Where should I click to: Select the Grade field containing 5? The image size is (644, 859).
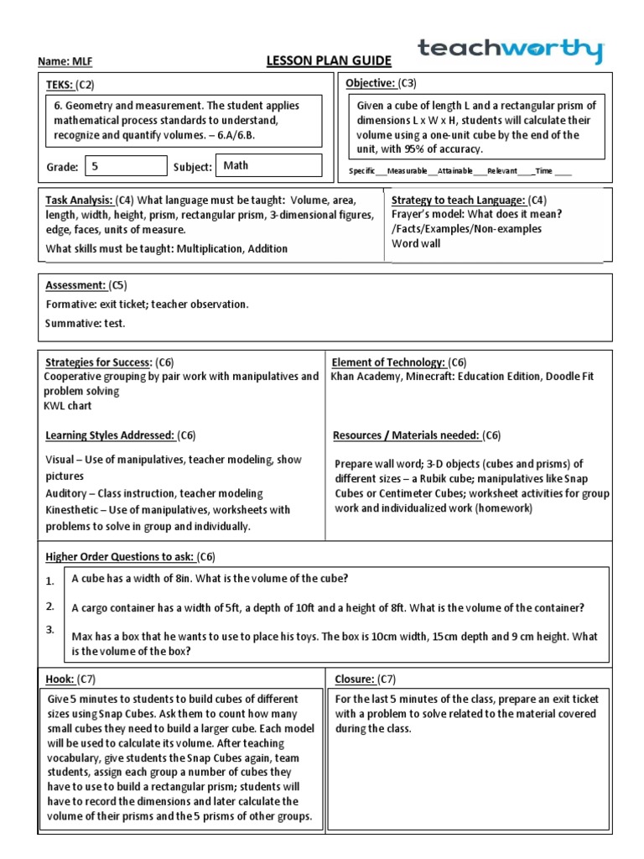[126, 166]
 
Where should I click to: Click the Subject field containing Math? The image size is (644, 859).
[268, 165]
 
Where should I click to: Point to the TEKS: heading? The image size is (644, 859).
[58, 85]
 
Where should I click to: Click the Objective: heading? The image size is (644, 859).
[371, 83]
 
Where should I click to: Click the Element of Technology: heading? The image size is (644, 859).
[388, 362]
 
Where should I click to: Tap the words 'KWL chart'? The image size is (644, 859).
[68, 406]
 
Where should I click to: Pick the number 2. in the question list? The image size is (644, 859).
[50, 606]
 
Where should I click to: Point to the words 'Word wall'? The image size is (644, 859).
[417, 244]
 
